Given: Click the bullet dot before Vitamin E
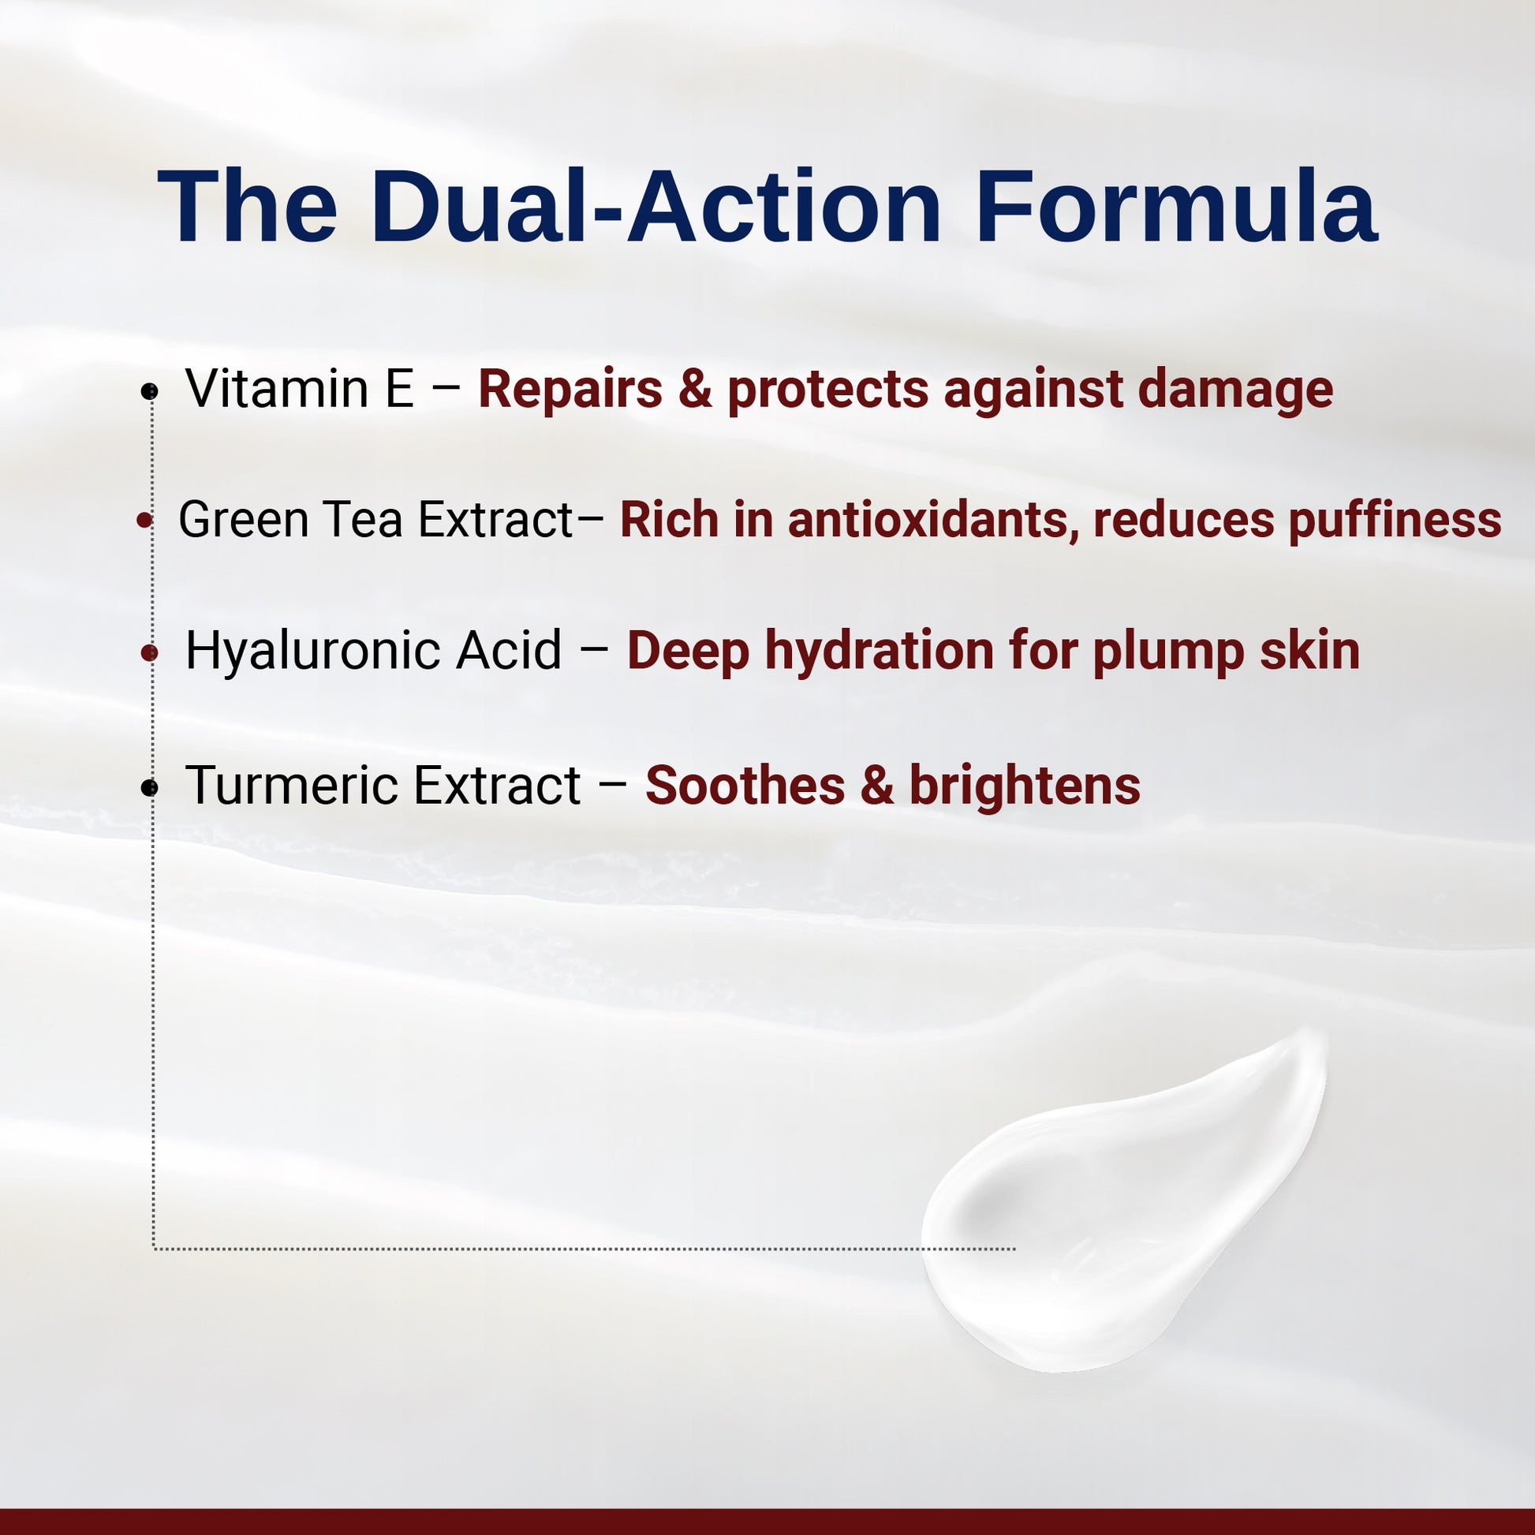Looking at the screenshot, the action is coord(149,391).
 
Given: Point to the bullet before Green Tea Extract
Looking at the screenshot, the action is coord(144,521).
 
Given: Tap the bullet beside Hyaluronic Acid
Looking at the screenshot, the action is coord(149,653).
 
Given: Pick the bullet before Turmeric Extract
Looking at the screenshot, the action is coord(149,787).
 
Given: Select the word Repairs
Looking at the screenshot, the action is coord(570,390).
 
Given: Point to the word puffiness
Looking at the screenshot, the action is coord(1395,521).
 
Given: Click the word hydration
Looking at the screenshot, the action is coord(880,651).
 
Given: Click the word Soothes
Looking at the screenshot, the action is coord(745,786).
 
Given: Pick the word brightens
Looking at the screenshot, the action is coord(1025,786).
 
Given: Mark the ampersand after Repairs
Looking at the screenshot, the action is coord(695,390).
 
